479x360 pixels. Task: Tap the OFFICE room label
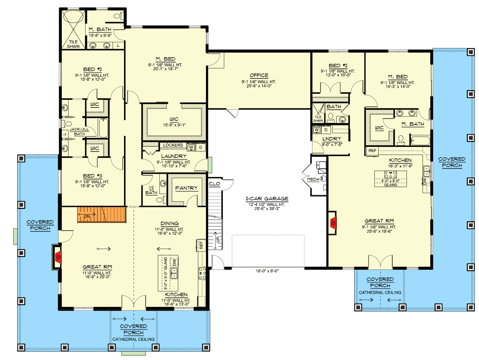pyautogui.click(x=259, y=75)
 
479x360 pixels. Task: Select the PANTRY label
pyautogui.click(x=186, y=188)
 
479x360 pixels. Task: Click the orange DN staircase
pyautogui.click(x=101, y=214)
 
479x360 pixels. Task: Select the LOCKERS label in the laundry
pyautogui.click(x=173, y=145)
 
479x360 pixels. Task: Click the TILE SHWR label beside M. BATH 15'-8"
pyautogui.click(x=73, y=44)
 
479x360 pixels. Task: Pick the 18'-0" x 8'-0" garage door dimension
pyautogui.click(x=267, y=271)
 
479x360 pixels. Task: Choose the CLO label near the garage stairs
pyautogui.click(x=214, y=184)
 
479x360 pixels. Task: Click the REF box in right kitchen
pyautogui.click(x=372, y=150)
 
